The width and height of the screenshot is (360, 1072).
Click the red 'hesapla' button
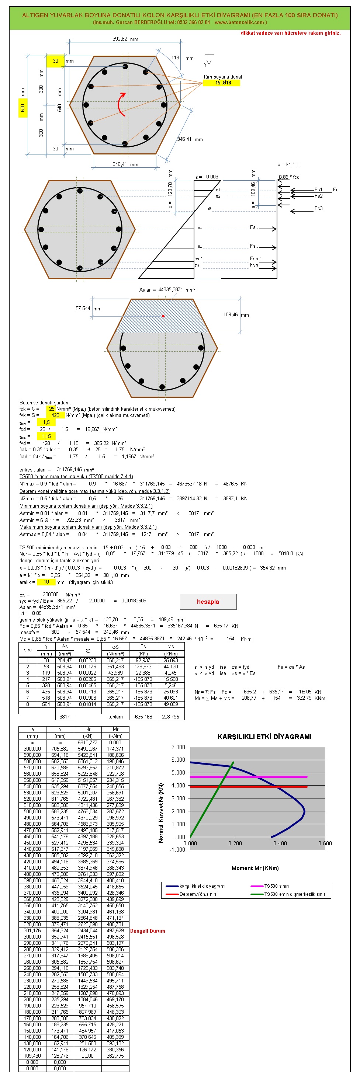point(208,601)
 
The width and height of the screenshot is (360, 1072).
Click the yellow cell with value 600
point(23,108)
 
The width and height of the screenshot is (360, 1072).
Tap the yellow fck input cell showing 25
point(51,409)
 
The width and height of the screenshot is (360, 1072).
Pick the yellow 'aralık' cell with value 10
point(46,582)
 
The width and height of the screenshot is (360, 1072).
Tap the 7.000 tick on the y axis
point(178,747)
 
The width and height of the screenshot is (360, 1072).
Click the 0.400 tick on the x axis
point(280,843)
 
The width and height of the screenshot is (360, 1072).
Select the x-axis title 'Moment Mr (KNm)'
point(255,868)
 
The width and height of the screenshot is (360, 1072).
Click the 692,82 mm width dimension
point(125,39)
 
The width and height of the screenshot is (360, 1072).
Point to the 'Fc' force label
point(335,190)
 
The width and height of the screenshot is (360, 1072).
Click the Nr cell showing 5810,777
point(87,742)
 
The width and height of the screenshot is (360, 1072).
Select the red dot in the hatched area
point(163,316)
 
